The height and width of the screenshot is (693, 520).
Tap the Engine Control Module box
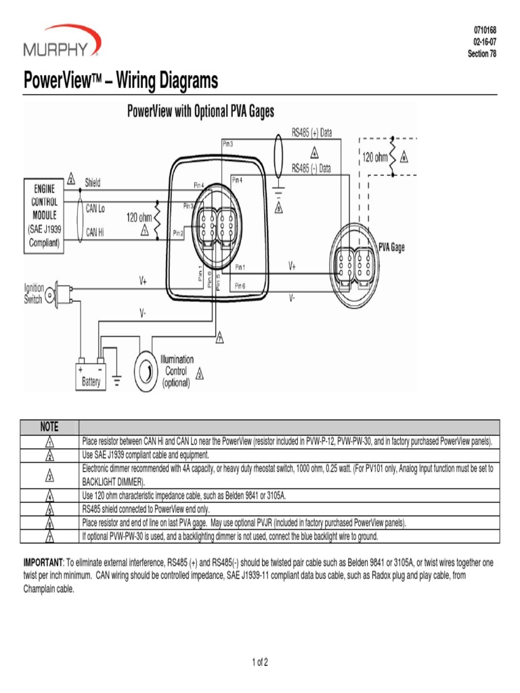point(45,215)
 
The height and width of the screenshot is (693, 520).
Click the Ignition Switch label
point(34,294)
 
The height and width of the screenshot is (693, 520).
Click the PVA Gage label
point(391,248)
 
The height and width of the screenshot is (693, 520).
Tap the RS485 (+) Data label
point(311,133)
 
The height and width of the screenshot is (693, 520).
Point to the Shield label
point(93,183)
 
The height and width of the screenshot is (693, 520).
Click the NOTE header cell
point(49,427)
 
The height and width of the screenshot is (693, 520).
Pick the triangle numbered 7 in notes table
point(49,537)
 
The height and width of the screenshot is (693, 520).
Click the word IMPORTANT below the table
point(43,562)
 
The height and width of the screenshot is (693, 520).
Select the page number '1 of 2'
point(260,662)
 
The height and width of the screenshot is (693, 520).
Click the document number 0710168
point(484,31)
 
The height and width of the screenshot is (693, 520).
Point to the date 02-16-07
point(485,42)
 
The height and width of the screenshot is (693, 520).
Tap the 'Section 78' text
point(482,53)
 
